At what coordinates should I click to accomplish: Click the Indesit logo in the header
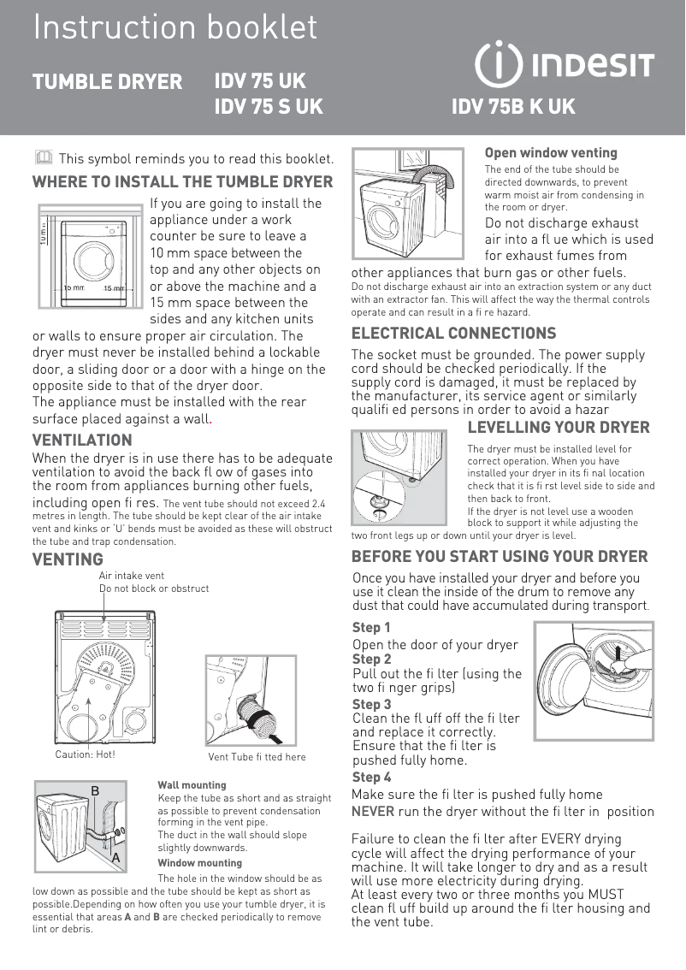564,64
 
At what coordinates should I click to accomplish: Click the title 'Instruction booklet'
174,27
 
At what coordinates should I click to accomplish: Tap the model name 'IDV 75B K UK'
513,108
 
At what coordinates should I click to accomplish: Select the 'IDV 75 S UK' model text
269,108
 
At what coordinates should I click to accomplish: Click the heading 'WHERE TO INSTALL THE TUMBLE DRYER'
182,182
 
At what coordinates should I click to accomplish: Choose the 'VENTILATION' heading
82,441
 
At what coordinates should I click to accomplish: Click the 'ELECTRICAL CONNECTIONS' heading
453,334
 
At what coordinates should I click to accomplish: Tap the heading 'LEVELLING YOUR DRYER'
559,428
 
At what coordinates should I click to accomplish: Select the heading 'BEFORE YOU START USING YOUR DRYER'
500,557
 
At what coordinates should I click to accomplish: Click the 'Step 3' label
371,705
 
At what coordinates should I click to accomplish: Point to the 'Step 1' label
371,628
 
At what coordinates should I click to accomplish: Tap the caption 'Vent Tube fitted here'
257,757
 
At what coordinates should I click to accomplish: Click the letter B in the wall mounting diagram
96,792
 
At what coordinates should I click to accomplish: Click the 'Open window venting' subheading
551,153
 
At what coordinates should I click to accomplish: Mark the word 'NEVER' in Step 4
373,812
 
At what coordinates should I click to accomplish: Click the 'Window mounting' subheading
199,863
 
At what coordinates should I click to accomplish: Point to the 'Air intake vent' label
132,577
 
